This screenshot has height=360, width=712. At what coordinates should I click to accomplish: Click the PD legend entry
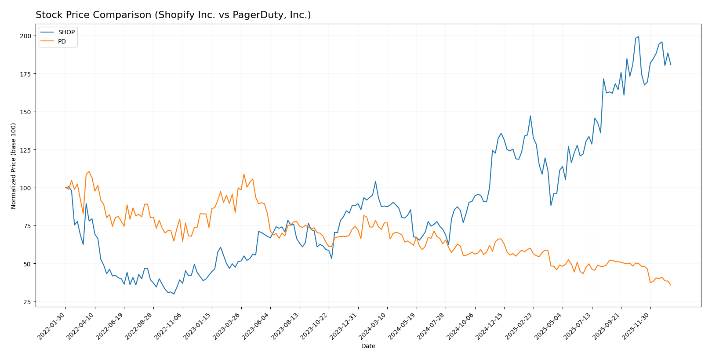coord(62,41)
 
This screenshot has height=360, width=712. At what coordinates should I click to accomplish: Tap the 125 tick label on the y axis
coord(25,150)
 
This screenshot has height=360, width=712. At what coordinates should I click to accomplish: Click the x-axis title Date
coord(368,346)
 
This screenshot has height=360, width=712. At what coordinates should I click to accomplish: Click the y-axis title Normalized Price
coord(14,166)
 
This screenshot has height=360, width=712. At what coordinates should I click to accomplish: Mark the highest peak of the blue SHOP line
coord(639,36)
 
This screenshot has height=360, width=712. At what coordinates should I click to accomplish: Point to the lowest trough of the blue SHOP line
coord(174,294)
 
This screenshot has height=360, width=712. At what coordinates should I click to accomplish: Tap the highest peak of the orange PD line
coord(89,171)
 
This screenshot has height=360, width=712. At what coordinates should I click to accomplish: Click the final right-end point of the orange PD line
coord(671,285)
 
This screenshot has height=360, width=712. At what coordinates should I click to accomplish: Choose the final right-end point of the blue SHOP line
coord(671,65)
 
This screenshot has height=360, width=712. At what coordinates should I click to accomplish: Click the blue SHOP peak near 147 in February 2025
coord(530,116)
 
